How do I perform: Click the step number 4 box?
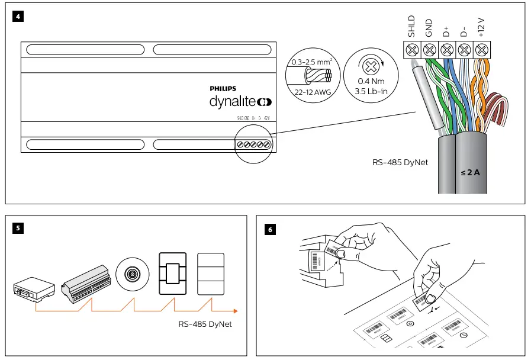click(18, 17)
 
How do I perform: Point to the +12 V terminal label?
click(481, 27)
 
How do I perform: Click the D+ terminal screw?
click(448, 49)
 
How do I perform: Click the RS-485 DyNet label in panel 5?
click(206, 324)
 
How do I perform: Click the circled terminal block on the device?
click(253, 145)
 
